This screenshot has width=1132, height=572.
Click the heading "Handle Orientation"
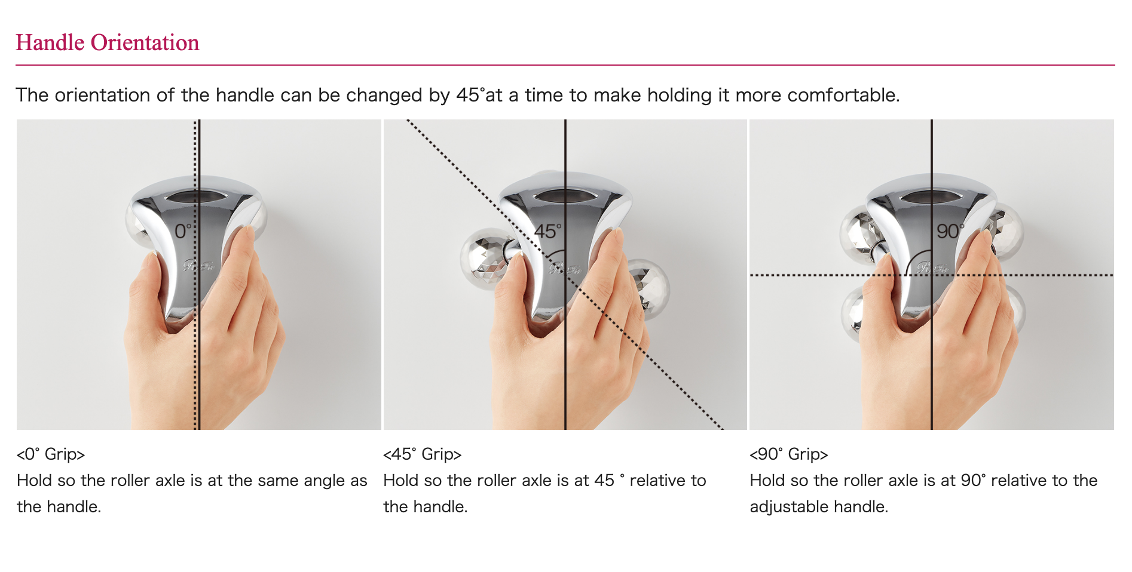pyautogui.click(x=108, y=42)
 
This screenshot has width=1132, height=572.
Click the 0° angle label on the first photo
pyautogui.click(x=183, y=231)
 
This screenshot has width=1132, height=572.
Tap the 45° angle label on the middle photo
pyautogui.click(x=548, y=231)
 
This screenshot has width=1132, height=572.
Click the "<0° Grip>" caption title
pyautogui.click(x=51, y=454)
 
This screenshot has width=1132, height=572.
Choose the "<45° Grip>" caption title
pyautogui.click(x=423, y=454)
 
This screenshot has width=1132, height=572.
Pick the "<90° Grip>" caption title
pyautogui.click(x=789, y=454)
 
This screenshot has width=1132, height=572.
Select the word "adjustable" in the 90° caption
pyautogui.click(x=789, y=507)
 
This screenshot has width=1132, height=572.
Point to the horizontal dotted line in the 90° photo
pyautogui.click(x=932, y=275)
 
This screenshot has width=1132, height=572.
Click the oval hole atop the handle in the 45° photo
pyautogui.click(x=565, y=196)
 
